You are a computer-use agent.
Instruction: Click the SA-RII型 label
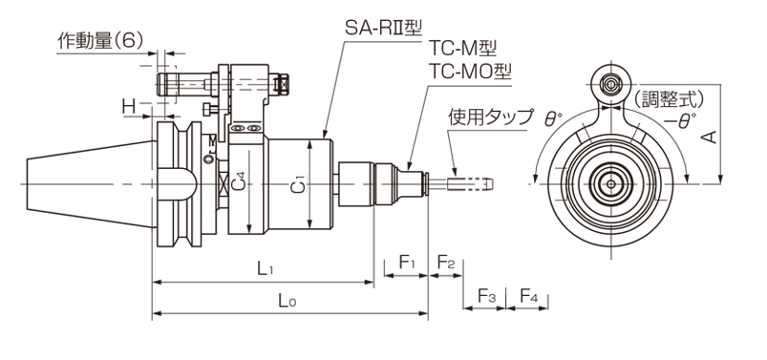click(x=383, y=28)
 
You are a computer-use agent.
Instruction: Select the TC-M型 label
click(x=462, y=49)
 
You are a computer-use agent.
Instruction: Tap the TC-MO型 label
click(x=470, y=72)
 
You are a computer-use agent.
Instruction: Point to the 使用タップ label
click(x=490, y=116)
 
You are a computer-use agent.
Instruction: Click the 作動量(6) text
click(x=100, y=41)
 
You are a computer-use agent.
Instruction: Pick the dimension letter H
click(x=129, y=107)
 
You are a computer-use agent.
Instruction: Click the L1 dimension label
click(x=266, y=268)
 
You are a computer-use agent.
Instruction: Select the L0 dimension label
click(x=288, y=301)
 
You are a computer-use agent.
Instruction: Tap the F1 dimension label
click(x=407, y=263)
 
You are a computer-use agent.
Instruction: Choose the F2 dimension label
click(x=446, y=263)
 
